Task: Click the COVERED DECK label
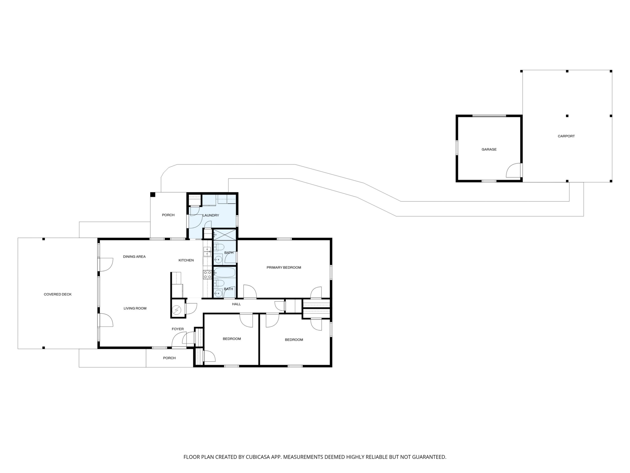[58, 294]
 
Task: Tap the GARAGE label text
[489, 149]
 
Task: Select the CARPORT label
[566, 136]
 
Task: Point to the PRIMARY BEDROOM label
[284, 267]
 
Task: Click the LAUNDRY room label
[211, 215]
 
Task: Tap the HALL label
[237, 304]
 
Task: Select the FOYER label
[178, 329]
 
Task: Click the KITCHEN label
[186, 260]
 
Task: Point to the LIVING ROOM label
[135, 308]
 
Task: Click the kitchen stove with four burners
[207, 275]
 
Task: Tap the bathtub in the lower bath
[225, 272]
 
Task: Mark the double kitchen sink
[207, 252]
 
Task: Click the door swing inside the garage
[513, 170]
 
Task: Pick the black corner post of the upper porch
[153, 195]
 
